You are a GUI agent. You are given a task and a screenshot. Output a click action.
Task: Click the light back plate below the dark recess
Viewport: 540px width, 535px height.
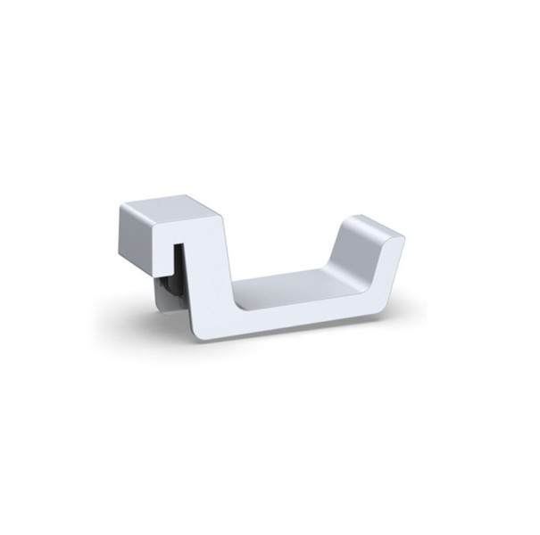tap(170, 299)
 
